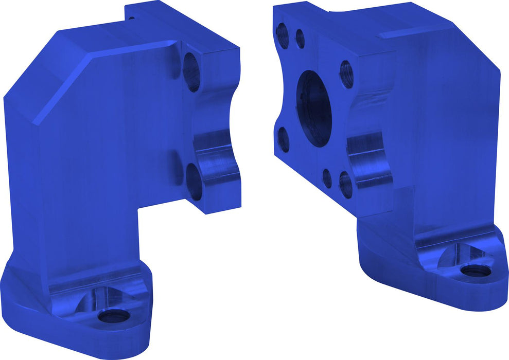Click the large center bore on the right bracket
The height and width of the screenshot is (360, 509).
click(x=314, y=109)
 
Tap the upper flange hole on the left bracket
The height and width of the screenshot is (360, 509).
click(x=191, y=72)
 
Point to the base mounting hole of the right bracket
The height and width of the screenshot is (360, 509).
click(x=474, y=270)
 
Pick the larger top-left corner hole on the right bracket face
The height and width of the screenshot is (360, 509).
click(x=283, y=35)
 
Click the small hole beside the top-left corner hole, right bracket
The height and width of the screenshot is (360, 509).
click(x=300, y=38)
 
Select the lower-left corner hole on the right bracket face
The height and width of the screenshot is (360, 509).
click(x=283, y=140)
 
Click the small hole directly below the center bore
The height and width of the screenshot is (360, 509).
click(x=327, y=177)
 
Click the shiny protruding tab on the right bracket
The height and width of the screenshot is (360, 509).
click(x=368, y=159)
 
